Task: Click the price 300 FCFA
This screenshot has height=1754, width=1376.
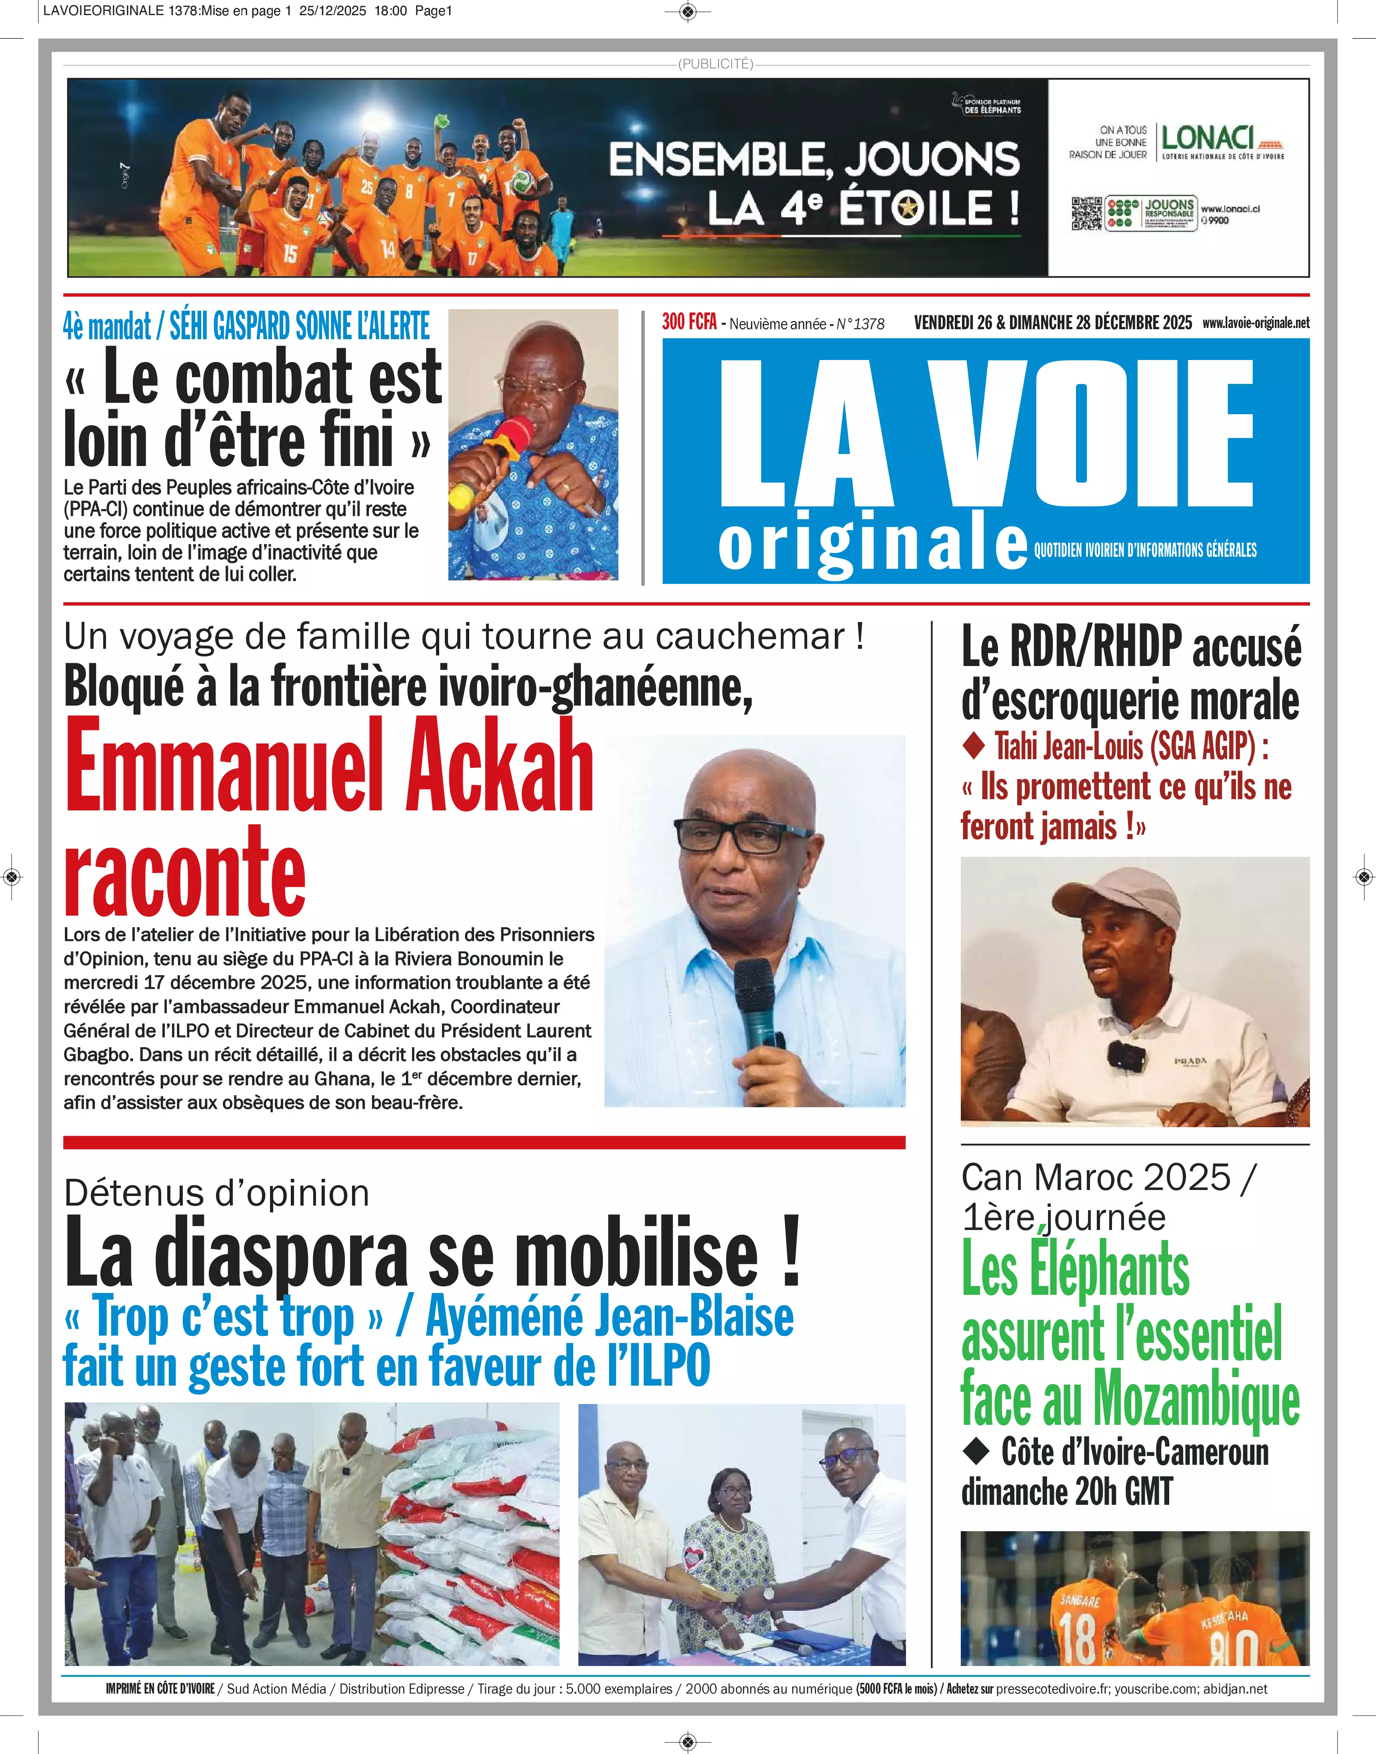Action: click(x=689, y=322)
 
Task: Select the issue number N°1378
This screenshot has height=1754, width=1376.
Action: click(x=860, y=324)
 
